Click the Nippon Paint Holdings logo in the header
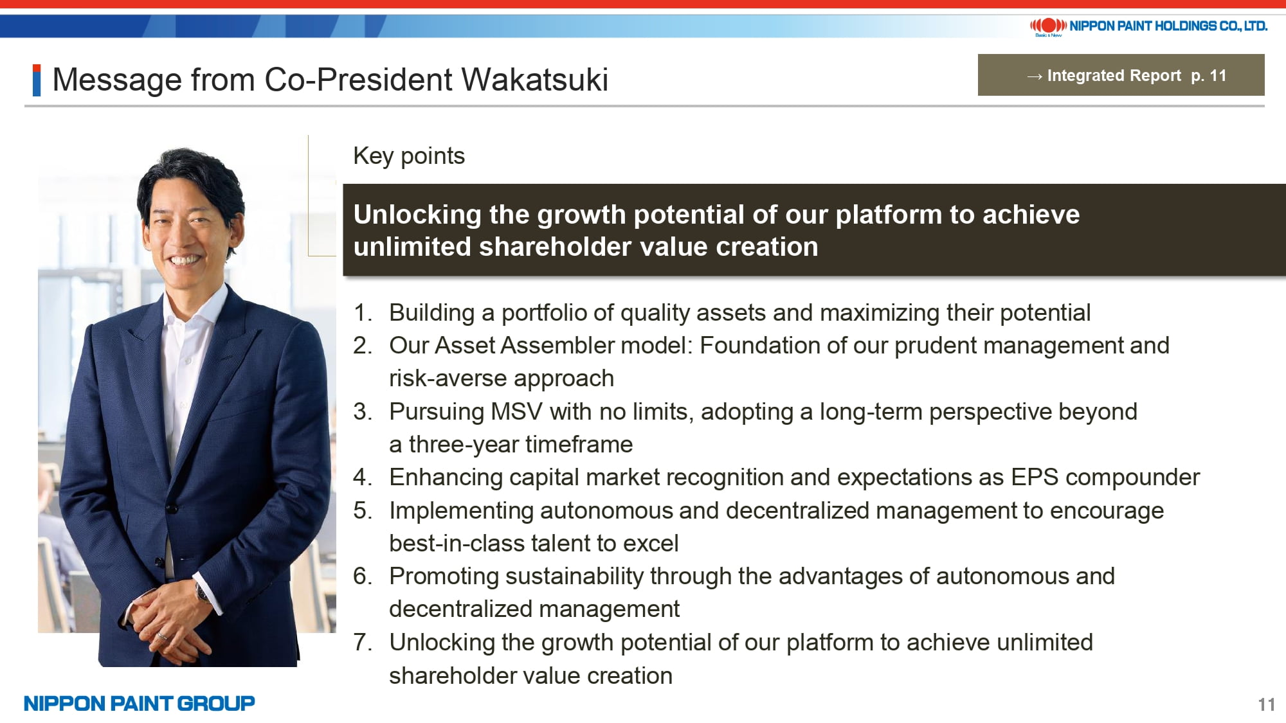pyautogui.click(x=1148, y=26)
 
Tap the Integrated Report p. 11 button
pyautogui.click(x=1121, y=75)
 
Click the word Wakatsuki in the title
pyautogui.click(x=534, y=80)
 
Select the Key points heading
pyautogui.click(x=409, y=156)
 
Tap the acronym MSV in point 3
pyautogui.click(x=516, y=411)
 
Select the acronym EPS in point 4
pyautogui.click(x=1035, y=478)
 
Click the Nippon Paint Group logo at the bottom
pyautogui.click(x=140, y=703)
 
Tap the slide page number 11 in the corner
pyautogui.click(x=1266, y=704)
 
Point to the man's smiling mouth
pyautogui.click(x=185, y=260)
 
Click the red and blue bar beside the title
pyautogui.click(x=37, y=80)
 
